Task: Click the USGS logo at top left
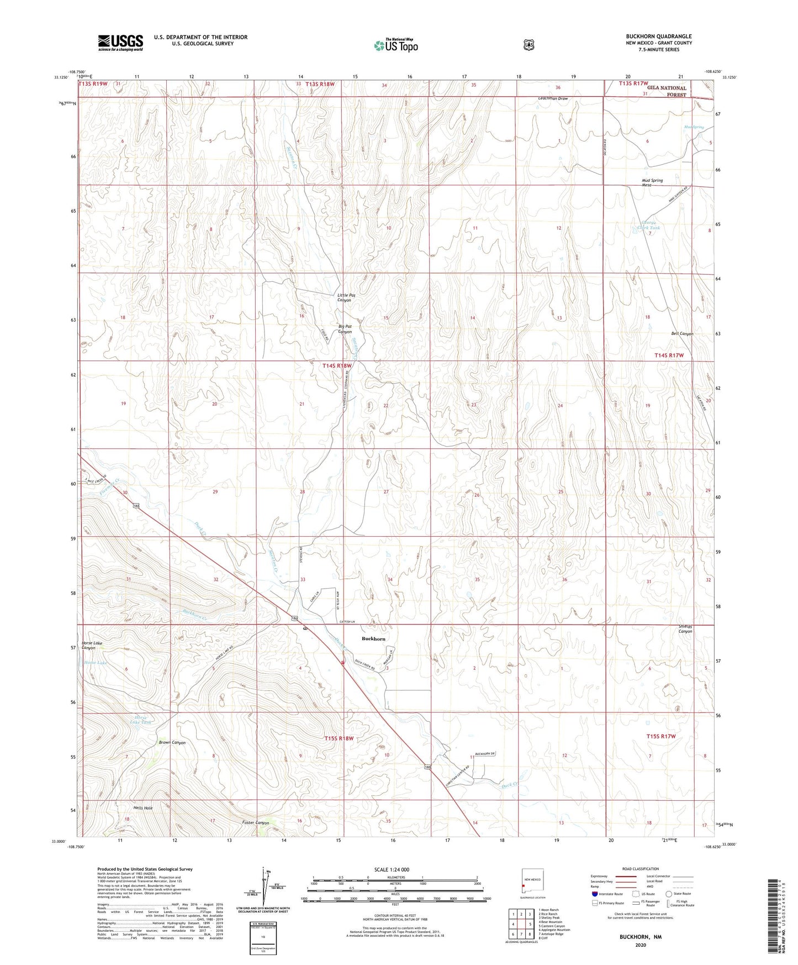pos(120,42)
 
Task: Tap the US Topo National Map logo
pos(395,45)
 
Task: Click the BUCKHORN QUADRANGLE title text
pos(658,36)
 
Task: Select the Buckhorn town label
pos(373,638)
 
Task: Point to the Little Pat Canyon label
pos(346,297)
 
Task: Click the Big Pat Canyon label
pos(345,329)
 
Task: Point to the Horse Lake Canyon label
pos(92,645)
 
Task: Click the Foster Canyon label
pos(256,822)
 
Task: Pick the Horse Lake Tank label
pos(140,720)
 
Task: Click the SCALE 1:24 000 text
pos(392,869)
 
